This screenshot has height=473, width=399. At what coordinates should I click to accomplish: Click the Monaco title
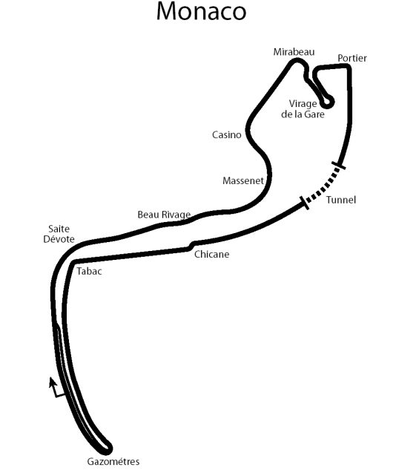(201, 11)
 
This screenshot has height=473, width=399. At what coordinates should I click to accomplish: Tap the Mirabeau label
(294, 52)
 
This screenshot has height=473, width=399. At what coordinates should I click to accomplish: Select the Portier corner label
(352, 58)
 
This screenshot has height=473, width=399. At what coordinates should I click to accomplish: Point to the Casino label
(227, 134)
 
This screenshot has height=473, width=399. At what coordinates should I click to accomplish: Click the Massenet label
(243, 180)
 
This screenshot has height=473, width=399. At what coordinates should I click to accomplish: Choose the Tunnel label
(341, 200)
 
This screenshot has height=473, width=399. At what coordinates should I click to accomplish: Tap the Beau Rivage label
(164, 215)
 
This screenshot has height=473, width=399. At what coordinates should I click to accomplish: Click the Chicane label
(211, 254)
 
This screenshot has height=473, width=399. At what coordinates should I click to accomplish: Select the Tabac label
(89, 271)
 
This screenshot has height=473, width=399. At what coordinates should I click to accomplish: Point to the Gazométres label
(113, 461)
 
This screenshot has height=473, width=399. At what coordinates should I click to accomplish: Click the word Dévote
(59, 239)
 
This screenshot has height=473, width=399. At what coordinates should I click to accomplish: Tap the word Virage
(303, 103)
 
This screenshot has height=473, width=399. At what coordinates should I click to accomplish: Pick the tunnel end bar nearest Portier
(338, 166)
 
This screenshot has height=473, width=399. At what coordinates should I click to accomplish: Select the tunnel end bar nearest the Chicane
(304, 203)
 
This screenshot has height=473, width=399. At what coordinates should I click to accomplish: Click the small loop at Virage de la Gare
(326, 102)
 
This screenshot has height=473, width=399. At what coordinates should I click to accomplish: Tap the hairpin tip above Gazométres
(108, 448)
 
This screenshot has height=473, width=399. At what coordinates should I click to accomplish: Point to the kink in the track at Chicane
(191, 246)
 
